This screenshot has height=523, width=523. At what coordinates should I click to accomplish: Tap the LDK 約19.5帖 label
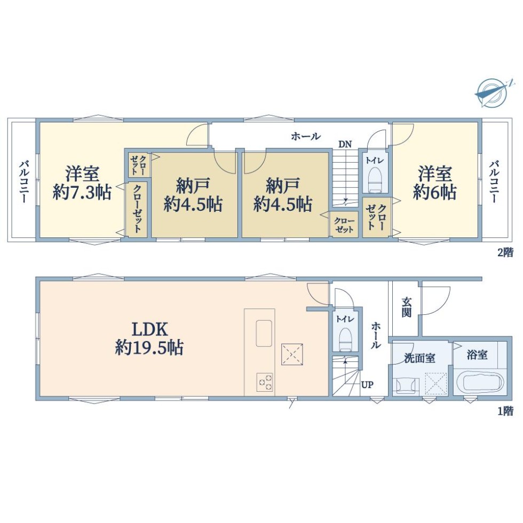click(149, 338)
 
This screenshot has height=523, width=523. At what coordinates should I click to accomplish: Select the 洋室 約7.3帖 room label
click(82, 183)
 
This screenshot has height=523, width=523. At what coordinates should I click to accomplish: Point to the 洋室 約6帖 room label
click(435, 183)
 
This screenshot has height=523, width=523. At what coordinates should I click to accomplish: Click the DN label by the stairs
click(345, 145)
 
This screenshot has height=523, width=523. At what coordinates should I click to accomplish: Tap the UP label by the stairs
click(367, 385)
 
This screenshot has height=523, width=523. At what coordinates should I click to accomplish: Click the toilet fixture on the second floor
click(375, 179)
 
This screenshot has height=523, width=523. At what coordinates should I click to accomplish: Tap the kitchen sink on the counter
click(264, 333)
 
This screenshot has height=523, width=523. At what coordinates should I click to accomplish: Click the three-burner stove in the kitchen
click(265, 382)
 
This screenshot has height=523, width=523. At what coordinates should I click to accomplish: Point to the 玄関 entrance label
click(406, 307)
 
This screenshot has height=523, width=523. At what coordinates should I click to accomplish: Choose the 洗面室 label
click(419, 358)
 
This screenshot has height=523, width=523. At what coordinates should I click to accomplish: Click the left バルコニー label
click(23, 182)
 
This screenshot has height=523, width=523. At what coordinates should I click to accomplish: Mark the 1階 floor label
click(505, 411)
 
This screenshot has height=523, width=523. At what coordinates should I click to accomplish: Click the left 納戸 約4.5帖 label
click(193, 195)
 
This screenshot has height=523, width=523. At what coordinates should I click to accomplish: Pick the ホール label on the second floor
click(306, 136)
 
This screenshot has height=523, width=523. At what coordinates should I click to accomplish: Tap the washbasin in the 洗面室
click(406, 385)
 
